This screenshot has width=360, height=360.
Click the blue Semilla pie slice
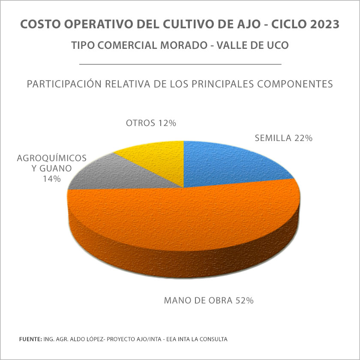tap(227, 165)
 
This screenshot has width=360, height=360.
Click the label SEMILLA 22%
tap(284, 138)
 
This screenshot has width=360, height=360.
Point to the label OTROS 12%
tap(151, 123)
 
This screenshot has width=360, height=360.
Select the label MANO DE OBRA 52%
tap(209, 300)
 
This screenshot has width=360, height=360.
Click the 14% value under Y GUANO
tap(51, 179)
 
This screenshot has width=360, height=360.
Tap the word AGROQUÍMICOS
tap(52, 158)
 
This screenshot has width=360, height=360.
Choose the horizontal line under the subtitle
tap(180, 64)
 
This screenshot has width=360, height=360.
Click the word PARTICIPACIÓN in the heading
tap(65, 84)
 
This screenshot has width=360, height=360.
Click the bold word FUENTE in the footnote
tap(30, 339)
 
